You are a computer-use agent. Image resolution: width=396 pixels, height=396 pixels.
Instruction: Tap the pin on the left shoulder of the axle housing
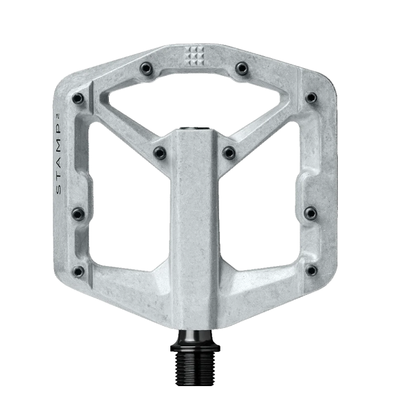(x=160, y=152)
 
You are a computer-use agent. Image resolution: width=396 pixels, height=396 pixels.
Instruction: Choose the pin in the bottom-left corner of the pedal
(x=80, y=270)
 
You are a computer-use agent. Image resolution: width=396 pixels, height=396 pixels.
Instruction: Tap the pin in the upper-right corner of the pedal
(x=310, y=98)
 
